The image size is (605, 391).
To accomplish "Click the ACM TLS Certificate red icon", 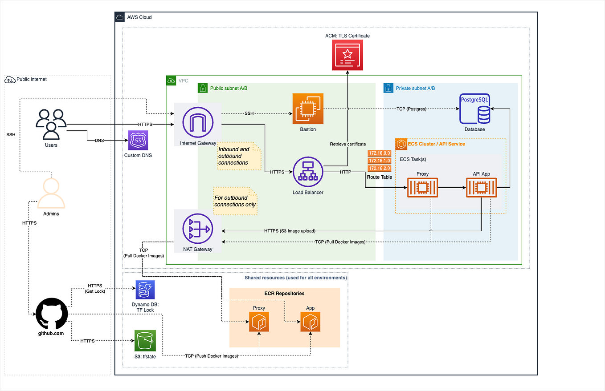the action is [347, 55].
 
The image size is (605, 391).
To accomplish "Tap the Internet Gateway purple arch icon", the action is [198, 122].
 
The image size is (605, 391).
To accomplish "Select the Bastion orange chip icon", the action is [308, 109].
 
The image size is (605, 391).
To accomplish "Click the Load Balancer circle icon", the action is [308, 172].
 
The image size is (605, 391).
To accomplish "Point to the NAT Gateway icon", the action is [198, 229].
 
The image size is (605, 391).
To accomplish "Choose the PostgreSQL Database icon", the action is [475, 109].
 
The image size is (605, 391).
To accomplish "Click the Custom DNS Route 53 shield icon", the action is [138, 140].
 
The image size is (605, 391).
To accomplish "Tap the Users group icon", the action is [51, 124].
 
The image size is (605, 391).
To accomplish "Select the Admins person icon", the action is [51, 193].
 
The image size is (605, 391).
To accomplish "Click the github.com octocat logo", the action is [52, 314].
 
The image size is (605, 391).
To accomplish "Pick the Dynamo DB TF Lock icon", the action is [145, 290].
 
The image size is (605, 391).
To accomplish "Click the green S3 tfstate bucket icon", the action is [145, 341].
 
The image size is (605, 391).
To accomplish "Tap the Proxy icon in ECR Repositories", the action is [259, 322].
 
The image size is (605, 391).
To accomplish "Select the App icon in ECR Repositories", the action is [311, 322].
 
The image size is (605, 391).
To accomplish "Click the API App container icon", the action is [481, 187].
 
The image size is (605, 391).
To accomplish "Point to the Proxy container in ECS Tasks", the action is [422, 187].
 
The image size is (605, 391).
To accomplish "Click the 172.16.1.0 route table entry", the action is [380, 161].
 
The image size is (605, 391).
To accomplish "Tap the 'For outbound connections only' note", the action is [235, 201].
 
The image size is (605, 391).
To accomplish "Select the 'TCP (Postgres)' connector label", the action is [411, 109].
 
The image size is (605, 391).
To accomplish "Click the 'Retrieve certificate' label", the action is [348, 144].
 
